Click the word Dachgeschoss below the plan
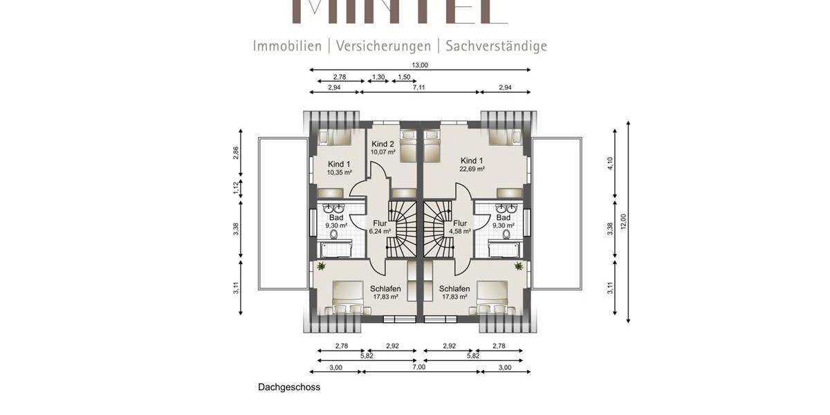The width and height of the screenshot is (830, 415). [289, 387]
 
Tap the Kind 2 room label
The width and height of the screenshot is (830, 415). [382, 144]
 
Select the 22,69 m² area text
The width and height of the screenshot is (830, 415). [472, 169]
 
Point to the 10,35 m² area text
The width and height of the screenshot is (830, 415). [339, 172]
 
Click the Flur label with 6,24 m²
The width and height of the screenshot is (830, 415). [380, 223]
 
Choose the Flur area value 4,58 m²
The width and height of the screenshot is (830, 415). [459, 231]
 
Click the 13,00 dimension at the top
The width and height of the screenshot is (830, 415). [420, 65]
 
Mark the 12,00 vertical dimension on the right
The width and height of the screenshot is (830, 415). [623, 222]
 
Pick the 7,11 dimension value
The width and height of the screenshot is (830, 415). [419, 87]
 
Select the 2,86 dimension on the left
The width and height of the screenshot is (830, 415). [236, 154]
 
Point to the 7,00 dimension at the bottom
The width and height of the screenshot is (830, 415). [419, 367]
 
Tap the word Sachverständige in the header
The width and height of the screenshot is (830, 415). [496, 46]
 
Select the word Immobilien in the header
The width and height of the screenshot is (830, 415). [287, 46]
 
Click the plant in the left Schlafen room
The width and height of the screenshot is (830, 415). [321, 266]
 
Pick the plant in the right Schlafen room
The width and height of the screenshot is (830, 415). [518, 266]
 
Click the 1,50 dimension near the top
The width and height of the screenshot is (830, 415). [404, 77]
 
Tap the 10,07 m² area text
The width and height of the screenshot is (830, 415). [382, 152]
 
